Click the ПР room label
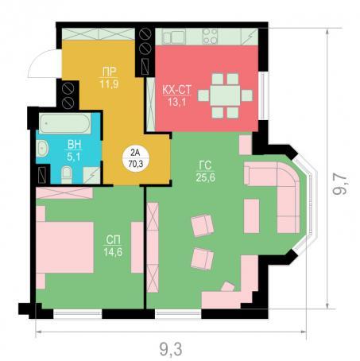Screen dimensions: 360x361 tap(109, 72)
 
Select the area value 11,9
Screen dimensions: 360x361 tap(109, 84)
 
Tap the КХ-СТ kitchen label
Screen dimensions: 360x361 tap(176, 90)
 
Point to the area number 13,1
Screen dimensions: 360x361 tap(176, 102)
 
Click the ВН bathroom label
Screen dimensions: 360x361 tap(74, 145)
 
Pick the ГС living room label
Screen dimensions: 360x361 tap(205, 165)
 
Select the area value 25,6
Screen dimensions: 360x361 tap(206, 177)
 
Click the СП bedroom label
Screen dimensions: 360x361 tap(113, 240)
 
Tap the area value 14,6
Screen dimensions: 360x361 tap(113, 252)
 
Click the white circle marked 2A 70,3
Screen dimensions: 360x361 tap(136, 158)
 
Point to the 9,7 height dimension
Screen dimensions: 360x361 tap(340, 184)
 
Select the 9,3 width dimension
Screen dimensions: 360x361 tap(171, 349)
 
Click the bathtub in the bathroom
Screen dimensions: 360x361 tap(65, 123)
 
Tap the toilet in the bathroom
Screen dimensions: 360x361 tap(67, 174)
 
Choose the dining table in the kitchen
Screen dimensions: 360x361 tap(225, 95)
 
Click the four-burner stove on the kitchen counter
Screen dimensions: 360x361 tap(210, 37)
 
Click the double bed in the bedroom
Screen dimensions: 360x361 tap(64, 247)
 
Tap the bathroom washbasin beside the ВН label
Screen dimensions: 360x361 tap(42, 149)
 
